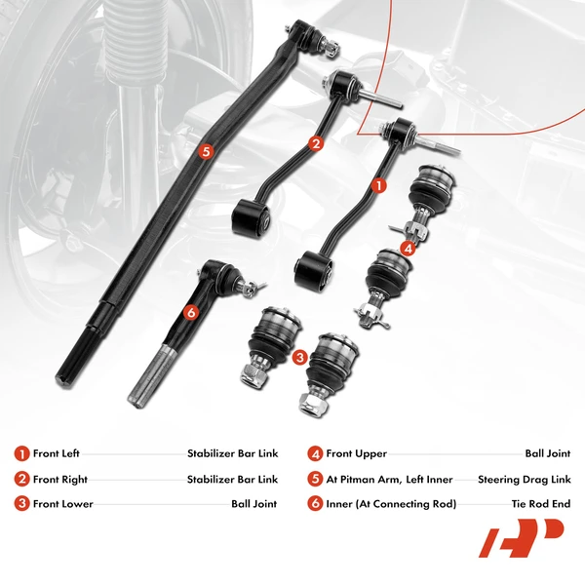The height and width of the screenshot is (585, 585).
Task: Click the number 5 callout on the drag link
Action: pyautogui.click(x=205, y=151)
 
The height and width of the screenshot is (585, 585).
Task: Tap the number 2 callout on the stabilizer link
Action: pyautogui.click(x=315, y=143)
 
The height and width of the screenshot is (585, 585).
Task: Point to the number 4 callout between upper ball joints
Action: pyautogui.click(x=408, y=248)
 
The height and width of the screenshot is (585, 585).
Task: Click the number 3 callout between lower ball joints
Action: pyautogui.click(x=300, y=358)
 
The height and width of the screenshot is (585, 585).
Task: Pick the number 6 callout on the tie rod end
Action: pyautogui.click(x=191, y=312)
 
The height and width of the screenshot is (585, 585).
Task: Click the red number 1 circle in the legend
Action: pyautogui.click(x=21, y=453)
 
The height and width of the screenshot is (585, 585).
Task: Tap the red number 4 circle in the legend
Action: pyautogui.click(x=315, y=453)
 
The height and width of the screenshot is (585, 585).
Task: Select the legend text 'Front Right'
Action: pyautogui.click(x=60, y=479)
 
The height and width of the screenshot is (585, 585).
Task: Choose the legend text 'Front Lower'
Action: pyautogui.click(x=61, y=504)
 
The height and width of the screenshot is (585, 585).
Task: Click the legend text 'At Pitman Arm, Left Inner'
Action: pyautogui.click(x=383, y=479)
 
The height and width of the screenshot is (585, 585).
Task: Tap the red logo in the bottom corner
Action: pyautogui.click(x=521, y=538)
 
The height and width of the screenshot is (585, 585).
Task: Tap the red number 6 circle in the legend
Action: pyautogui.click(x=315, y=504)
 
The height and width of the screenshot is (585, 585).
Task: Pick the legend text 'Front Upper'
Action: pyautogui.click(x=356, y=453)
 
